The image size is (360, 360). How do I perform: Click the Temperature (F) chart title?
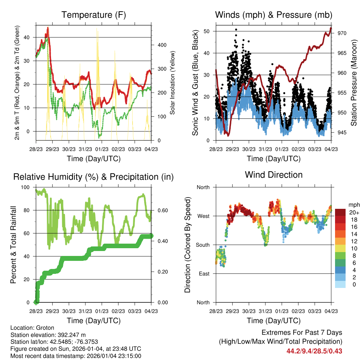[x=94, y=15]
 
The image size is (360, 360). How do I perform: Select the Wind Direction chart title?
[x=274, y=175]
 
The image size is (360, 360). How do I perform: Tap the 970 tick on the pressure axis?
[x=342, y=33]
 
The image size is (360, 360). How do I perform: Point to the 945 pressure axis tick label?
[x=342, y=133]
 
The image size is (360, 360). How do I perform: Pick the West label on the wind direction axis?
[x=203, y=216]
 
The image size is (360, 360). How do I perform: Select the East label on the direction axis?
[x=203, y=274]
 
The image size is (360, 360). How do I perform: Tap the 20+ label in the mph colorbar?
[x=354, y=212]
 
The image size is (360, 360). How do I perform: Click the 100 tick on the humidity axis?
[x=26, y=187]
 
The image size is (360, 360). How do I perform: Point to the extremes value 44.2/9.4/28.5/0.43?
[x=314, y=351]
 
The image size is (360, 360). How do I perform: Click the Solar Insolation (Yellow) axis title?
[x=173, y=83]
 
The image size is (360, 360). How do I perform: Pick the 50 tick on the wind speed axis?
[x=207, y=31]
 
